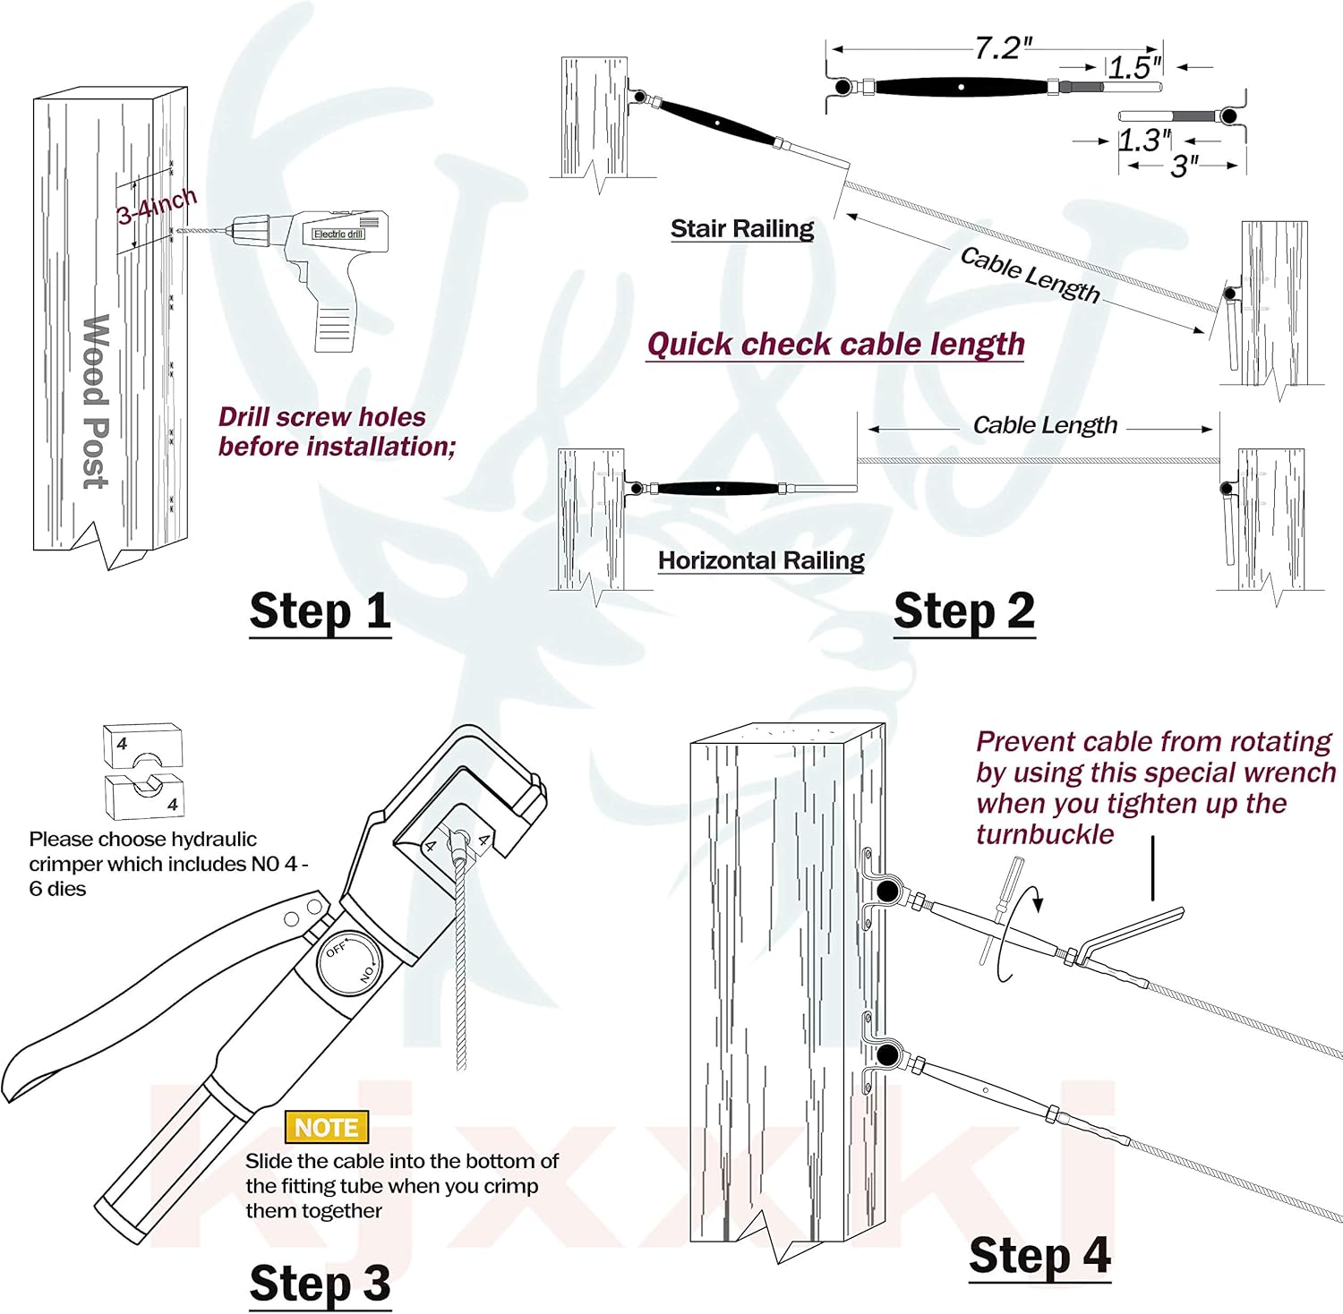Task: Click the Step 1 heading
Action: [x=320, y=612]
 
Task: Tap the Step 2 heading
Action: [x=964, y=612]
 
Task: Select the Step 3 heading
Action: [x=320, y=1284]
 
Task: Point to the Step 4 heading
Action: [x=1039, y=1256]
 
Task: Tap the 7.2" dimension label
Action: [x=1003, y=48]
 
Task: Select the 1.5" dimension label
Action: [x=1134, y=67]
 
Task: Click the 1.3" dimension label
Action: [x=1144, y=141]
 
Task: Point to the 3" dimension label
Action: [x=1184, y=166]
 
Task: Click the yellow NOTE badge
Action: [x=326, y=1127]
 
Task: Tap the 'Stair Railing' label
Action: [x=742, y=229]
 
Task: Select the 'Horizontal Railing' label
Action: [x=761, y=561]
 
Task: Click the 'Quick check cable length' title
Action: [x=835, y=345]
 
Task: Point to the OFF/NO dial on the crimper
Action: [x=350, y=962]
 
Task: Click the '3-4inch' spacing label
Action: [x=157, y=207]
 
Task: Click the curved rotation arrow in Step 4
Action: [x=1021, y=931]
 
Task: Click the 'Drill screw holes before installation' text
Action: [x=337, y=431]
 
